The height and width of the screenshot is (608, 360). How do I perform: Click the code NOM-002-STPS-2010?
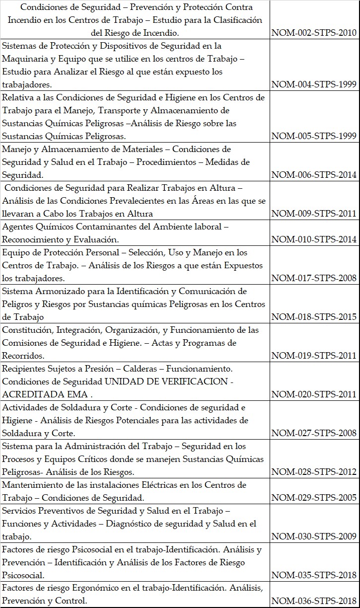(x=314, y=33)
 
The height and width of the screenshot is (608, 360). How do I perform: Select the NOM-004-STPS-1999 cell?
(x=314, y=84)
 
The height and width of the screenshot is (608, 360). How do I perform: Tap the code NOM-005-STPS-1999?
(x=314, y=136)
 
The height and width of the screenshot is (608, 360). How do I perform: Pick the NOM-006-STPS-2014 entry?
(x=314, y=175)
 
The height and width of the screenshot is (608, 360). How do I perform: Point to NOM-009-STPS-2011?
(x=314, y=214)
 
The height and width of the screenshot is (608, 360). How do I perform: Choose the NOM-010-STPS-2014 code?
(x=314, y=239)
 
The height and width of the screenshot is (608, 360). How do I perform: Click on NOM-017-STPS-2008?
(x=314, y=278)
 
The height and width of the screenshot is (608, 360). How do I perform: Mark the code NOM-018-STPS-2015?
(x=314, y=317)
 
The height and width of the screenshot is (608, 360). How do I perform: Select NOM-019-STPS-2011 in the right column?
(x=314, y=356)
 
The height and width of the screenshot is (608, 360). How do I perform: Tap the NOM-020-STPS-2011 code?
(x=314, y=394)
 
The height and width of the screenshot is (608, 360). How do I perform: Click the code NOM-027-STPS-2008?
(x=314, y=433)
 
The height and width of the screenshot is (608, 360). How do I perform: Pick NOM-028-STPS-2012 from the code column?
(x=314, y=472)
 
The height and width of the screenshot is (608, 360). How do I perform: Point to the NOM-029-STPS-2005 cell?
(x=314, y=498)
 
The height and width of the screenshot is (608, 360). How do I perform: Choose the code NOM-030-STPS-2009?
(x=314, y=536)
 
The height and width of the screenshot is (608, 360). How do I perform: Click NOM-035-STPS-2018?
(x=314, y=575)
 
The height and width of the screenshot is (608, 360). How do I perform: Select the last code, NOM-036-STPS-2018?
(x=314, y=601)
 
